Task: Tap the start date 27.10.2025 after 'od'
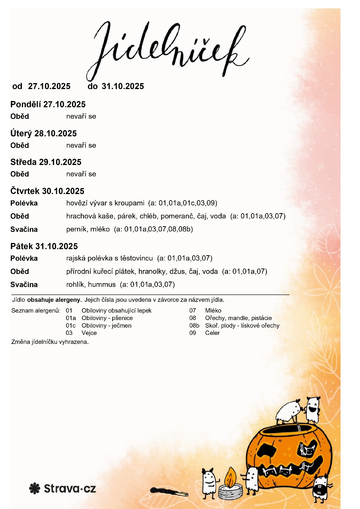49,86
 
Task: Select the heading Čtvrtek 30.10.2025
47,191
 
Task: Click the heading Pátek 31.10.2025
44,246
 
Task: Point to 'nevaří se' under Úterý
81,145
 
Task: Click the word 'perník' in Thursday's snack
74,229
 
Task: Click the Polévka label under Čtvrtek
24,203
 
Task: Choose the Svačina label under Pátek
24,285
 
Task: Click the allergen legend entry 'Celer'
212,333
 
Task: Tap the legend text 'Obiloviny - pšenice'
107,318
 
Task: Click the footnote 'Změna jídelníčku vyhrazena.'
50,342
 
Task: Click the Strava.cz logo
62,488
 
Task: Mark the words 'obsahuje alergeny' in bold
54,299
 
